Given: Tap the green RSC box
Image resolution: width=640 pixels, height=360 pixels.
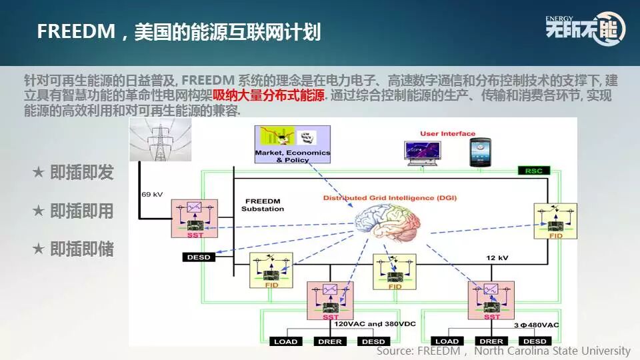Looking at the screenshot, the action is click(x=533, y=171).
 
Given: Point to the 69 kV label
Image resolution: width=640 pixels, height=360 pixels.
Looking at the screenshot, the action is click(x=152, y=195).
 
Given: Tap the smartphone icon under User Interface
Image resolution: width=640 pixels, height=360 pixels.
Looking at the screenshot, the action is click(x=480, y=152).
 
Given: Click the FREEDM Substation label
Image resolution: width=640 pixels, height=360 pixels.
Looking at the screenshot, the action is click(x=264, y=205).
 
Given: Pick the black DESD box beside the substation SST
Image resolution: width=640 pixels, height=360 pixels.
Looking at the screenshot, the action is click(x=199, y=257).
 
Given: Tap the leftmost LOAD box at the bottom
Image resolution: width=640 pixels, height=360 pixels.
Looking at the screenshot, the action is click(x=287, y=341).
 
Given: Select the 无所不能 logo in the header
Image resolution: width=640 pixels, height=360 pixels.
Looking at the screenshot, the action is click(x=585, y=27).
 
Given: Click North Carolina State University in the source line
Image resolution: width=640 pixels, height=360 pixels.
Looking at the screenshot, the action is click(x=552, y=351).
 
